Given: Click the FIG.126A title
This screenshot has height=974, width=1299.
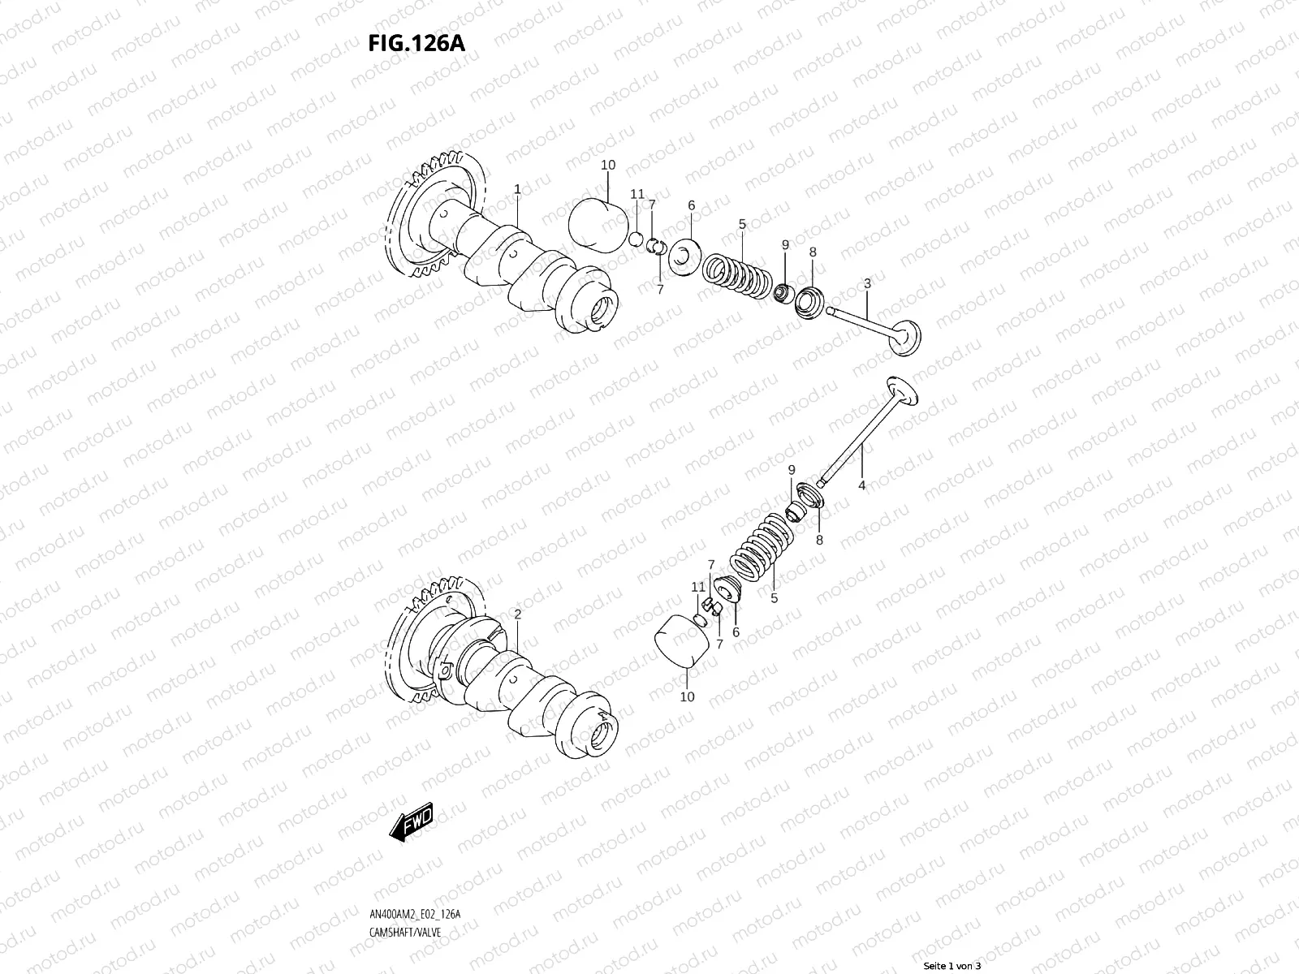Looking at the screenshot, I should point(416,43).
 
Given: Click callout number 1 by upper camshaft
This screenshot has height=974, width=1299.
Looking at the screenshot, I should point(517,188).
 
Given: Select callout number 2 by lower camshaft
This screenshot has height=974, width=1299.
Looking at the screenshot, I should point(517,614).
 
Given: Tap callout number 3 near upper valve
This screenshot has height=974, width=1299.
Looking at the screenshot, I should point(867,283).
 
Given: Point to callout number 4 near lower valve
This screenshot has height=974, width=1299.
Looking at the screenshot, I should point(861,485).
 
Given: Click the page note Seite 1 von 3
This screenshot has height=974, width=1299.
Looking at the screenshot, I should point(952,966).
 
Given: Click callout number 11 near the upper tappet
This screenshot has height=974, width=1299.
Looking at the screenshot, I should point(637,194).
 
